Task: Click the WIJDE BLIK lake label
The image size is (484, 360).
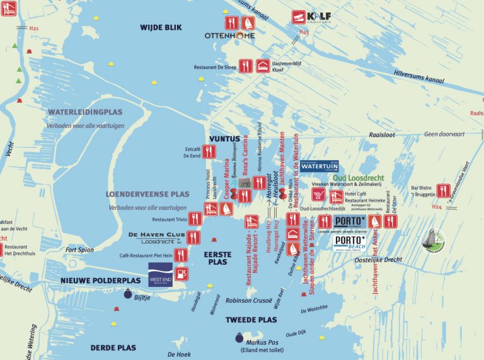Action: point(161,27)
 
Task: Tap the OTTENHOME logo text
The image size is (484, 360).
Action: point(230,36)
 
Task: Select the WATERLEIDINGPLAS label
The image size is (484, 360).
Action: point(85,112)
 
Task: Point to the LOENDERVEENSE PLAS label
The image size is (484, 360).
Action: point(147,195)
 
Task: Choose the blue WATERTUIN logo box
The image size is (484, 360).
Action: point(318,166)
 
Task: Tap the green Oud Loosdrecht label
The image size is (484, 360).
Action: point(357,178)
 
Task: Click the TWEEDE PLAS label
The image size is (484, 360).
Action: point(251,320)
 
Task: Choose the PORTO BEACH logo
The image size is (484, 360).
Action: point(350,243)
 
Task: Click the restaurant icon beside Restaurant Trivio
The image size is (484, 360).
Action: point(194,218)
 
